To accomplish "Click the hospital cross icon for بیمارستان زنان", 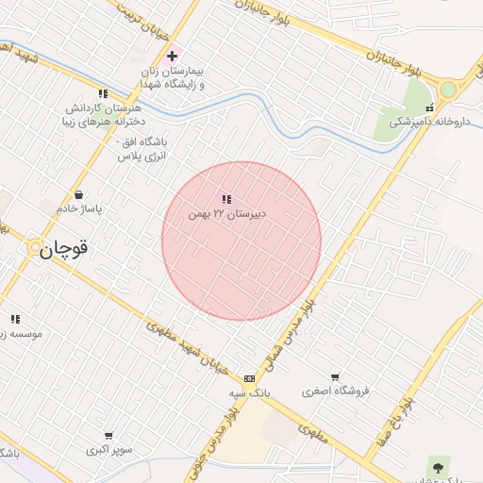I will (172, 57).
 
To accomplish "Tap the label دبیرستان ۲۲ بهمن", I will (227, 214).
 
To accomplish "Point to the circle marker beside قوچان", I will (36, 248).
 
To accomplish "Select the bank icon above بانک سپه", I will (249, 377).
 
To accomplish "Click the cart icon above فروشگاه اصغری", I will (335, 376).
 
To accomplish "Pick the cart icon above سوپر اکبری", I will (108, 436).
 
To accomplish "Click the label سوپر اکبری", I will (108, 450).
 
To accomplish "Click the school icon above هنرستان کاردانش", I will (103, 93).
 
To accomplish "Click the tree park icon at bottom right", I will (438, 465).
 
